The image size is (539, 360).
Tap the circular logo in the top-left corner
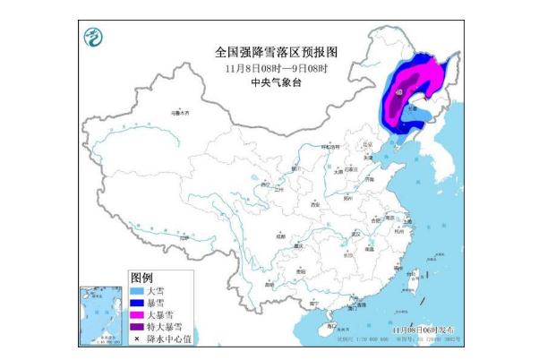coord(92,38)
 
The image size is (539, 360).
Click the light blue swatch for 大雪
coord(137,291)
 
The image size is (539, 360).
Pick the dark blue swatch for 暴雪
coord(137,303)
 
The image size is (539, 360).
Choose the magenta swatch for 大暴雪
coord(137,314)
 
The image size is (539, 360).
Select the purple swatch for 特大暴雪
coord(137,326)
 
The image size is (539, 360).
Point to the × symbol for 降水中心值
coord(137,338)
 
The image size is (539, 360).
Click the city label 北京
coord(365,144)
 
